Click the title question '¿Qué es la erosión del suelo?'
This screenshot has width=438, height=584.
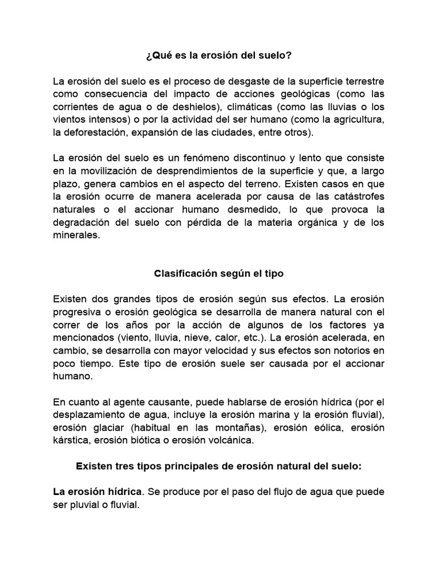[x=219, y=56]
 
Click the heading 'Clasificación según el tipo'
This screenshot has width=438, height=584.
[x=219, y=273]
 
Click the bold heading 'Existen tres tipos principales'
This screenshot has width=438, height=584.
[x=219, y=466]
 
